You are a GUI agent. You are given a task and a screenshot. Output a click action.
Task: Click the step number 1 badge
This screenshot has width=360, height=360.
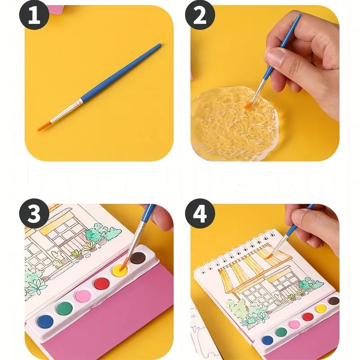34,15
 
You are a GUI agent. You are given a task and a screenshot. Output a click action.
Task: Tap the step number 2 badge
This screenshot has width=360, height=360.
200,15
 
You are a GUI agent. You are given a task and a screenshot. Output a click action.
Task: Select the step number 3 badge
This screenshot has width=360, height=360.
34,213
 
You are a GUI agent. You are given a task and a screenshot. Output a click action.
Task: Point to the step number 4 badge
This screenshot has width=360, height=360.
200,213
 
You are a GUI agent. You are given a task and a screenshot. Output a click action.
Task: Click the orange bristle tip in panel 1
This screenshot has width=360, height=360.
44,126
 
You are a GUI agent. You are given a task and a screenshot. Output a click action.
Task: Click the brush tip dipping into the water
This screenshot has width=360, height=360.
248,106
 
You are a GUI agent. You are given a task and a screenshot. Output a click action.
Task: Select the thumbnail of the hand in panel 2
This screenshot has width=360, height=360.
276,55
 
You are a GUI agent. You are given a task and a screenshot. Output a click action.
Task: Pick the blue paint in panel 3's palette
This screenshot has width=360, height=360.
45,321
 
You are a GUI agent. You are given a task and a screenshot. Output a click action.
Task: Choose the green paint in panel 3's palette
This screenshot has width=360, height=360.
64,308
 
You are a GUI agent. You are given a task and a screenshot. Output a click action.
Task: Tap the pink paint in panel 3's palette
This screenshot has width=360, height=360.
83,296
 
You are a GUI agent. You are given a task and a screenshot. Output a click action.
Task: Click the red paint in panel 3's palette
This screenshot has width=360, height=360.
102,283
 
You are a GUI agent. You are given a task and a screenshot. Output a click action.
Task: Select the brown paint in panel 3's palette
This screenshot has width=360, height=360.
138,258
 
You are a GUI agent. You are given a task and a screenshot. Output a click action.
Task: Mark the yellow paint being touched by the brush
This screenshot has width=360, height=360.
120,270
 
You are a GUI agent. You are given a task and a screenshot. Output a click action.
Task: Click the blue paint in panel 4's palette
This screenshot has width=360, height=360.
267,340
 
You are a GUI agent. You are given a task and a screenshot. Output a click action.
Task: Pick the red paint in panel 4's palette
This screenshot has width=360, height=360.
308,317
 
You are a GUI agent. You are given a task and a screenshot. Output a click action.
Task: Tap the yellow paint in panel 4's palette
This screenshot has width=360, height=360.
321,309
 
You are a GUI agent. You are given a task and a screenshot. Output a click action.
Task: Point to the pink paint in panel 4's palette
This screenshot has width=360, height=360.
295,324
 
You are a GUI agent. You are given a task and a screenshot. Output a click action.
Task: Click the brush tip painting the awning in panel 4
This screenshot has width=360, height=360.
268,256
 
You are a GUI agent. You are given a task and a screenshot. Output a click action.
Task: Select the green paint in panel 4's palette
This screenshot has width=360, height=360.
281,332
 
